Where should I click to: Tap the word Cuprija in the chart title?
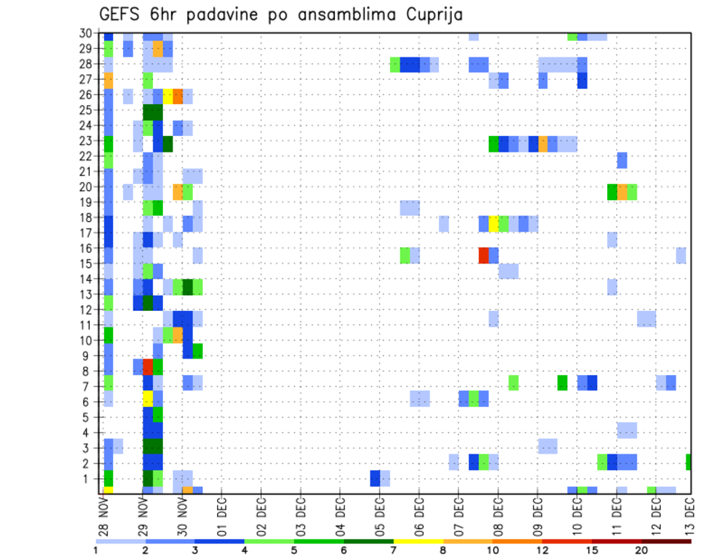(434, 15)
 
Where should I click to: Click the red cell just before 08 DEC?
(483, 255)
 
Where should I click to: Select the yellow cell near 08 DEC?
(493, 223)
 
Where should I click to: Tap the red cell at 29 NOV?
(148, 367)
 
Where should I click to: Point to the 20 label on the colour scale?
(642, 550)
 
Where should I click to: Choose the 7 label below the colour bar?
(394, 550)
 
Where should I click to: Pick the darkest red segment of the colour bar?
(667, 541)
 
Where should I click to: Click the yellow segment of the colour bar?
(419, 541)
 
